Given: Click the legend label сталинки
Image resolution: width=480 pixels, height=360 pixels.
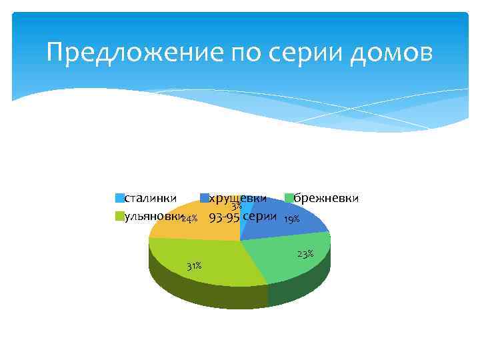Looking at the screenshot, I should coord(151,197).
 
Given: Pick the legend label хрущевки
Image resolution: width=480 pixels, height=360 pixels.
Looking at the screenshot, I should coord(238,197).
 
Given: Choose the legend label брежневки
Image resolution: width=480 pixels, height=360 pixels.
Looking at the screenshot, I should coord(327,197).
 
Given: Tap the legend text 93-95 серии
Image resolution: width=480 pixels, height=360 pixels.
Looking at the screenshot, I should coord(243,217).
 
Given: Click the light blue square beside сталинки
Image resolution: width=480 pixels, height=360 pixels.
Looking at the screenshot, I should coord(120,198).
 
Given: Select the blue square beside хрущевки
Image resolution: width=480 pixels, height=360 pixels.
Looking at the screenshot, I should coord(205,198).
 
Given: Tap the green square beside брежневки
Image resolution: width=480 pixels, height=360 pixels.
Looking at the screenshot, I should coord(290,198).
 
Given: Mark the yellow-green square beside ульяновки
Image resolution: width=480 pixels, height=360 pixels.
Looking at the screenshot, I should coord(120,217).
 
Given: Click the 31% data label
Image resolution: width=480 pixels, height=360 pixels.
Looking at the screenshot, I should coord(194,267).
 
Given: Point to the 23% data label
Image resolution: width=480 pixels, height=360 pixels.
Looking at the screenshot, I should coord(305,254).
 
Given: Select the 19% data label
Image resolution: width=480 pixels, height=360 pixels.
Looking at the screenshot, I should coord(291,219).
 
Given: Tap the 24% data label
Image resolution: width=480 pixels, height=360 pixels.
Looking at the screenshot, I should coord(189,219).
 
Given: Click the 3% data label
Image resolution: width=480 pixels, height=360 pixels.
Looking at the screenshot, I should coord(237,207).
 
